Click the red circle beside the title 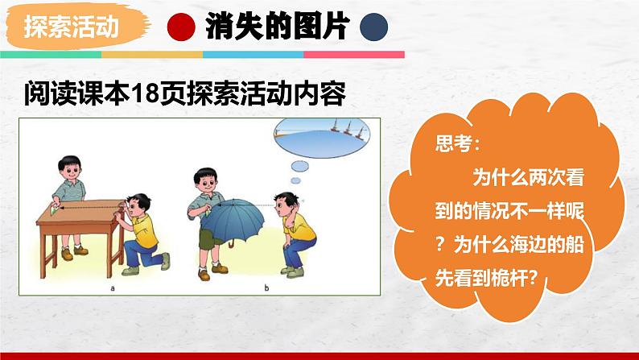click(179, 28)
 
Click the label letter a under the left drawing click(113, 286)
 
